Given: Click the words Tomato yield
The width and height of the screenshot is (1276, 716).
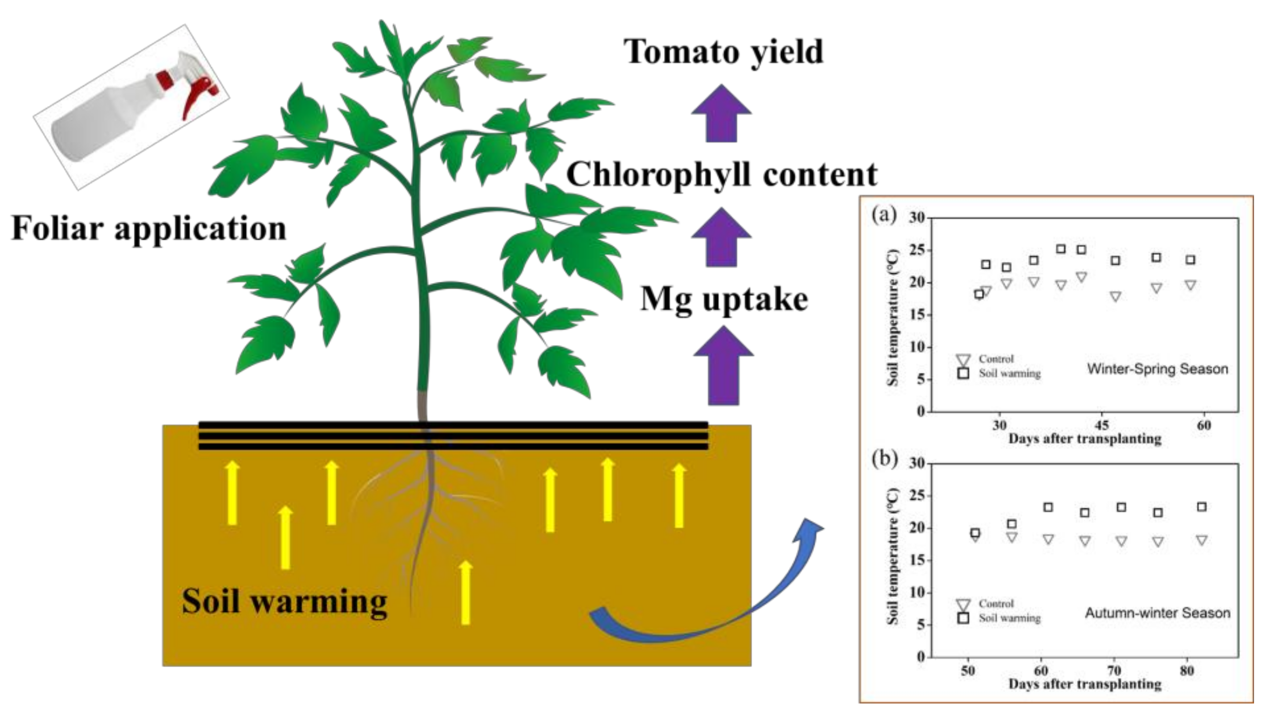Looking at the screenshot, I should point(723,52).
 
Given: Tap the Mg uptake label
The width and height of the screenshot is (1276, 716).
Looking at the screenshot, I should point(724,299).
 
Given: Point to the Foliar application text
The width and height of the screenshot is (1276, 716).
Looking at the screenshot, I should point(149,229).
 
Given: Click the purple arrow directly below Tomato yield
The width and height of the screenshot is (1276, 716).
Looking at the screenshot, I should point(721,114).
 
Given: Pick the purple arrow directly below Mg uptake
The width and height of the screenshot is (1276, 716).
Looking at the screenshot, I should point(723,367).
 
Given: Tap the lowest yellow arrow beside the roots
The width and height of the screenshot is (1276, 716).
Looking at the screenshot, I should point(466,592).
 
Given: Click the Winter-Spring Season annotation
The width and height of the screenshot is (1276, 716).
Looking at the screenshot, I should point(1158,369).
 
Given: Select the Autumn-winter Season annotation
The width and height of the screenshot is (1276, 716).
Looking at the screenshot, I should point(1158,613).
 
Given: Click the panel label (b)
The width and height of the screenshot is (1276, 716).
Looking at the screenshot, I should point(884,459).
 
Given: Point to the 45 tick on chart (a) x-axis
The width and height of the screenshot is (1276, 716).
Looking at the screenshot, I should point(1102,425).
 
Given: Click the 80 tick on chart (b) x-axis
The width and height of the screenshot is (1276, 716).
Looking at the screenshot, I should point(1187,671).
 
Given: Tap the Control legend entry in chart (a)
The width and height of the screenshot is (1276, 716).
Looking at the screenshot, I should point(996,359).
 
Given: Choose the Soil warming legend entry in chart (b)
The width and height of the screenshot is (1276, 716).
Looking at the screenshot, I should point(1009,618).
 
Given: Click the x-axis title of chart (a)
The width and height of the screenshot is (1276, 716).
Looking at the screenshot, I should point(1085,439).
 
